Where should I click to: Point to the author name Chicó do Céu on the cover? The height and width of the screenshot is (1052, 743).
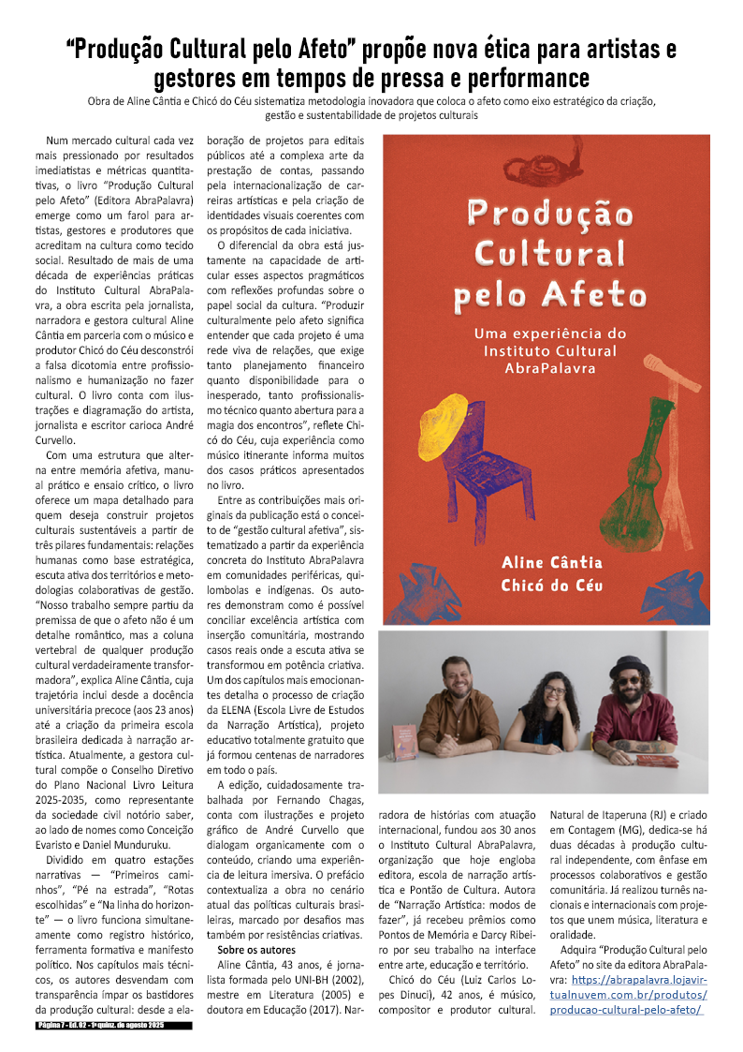point(552,586)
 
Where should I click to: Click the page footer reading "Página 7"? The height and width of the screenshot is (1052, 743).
point(55,1027)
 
